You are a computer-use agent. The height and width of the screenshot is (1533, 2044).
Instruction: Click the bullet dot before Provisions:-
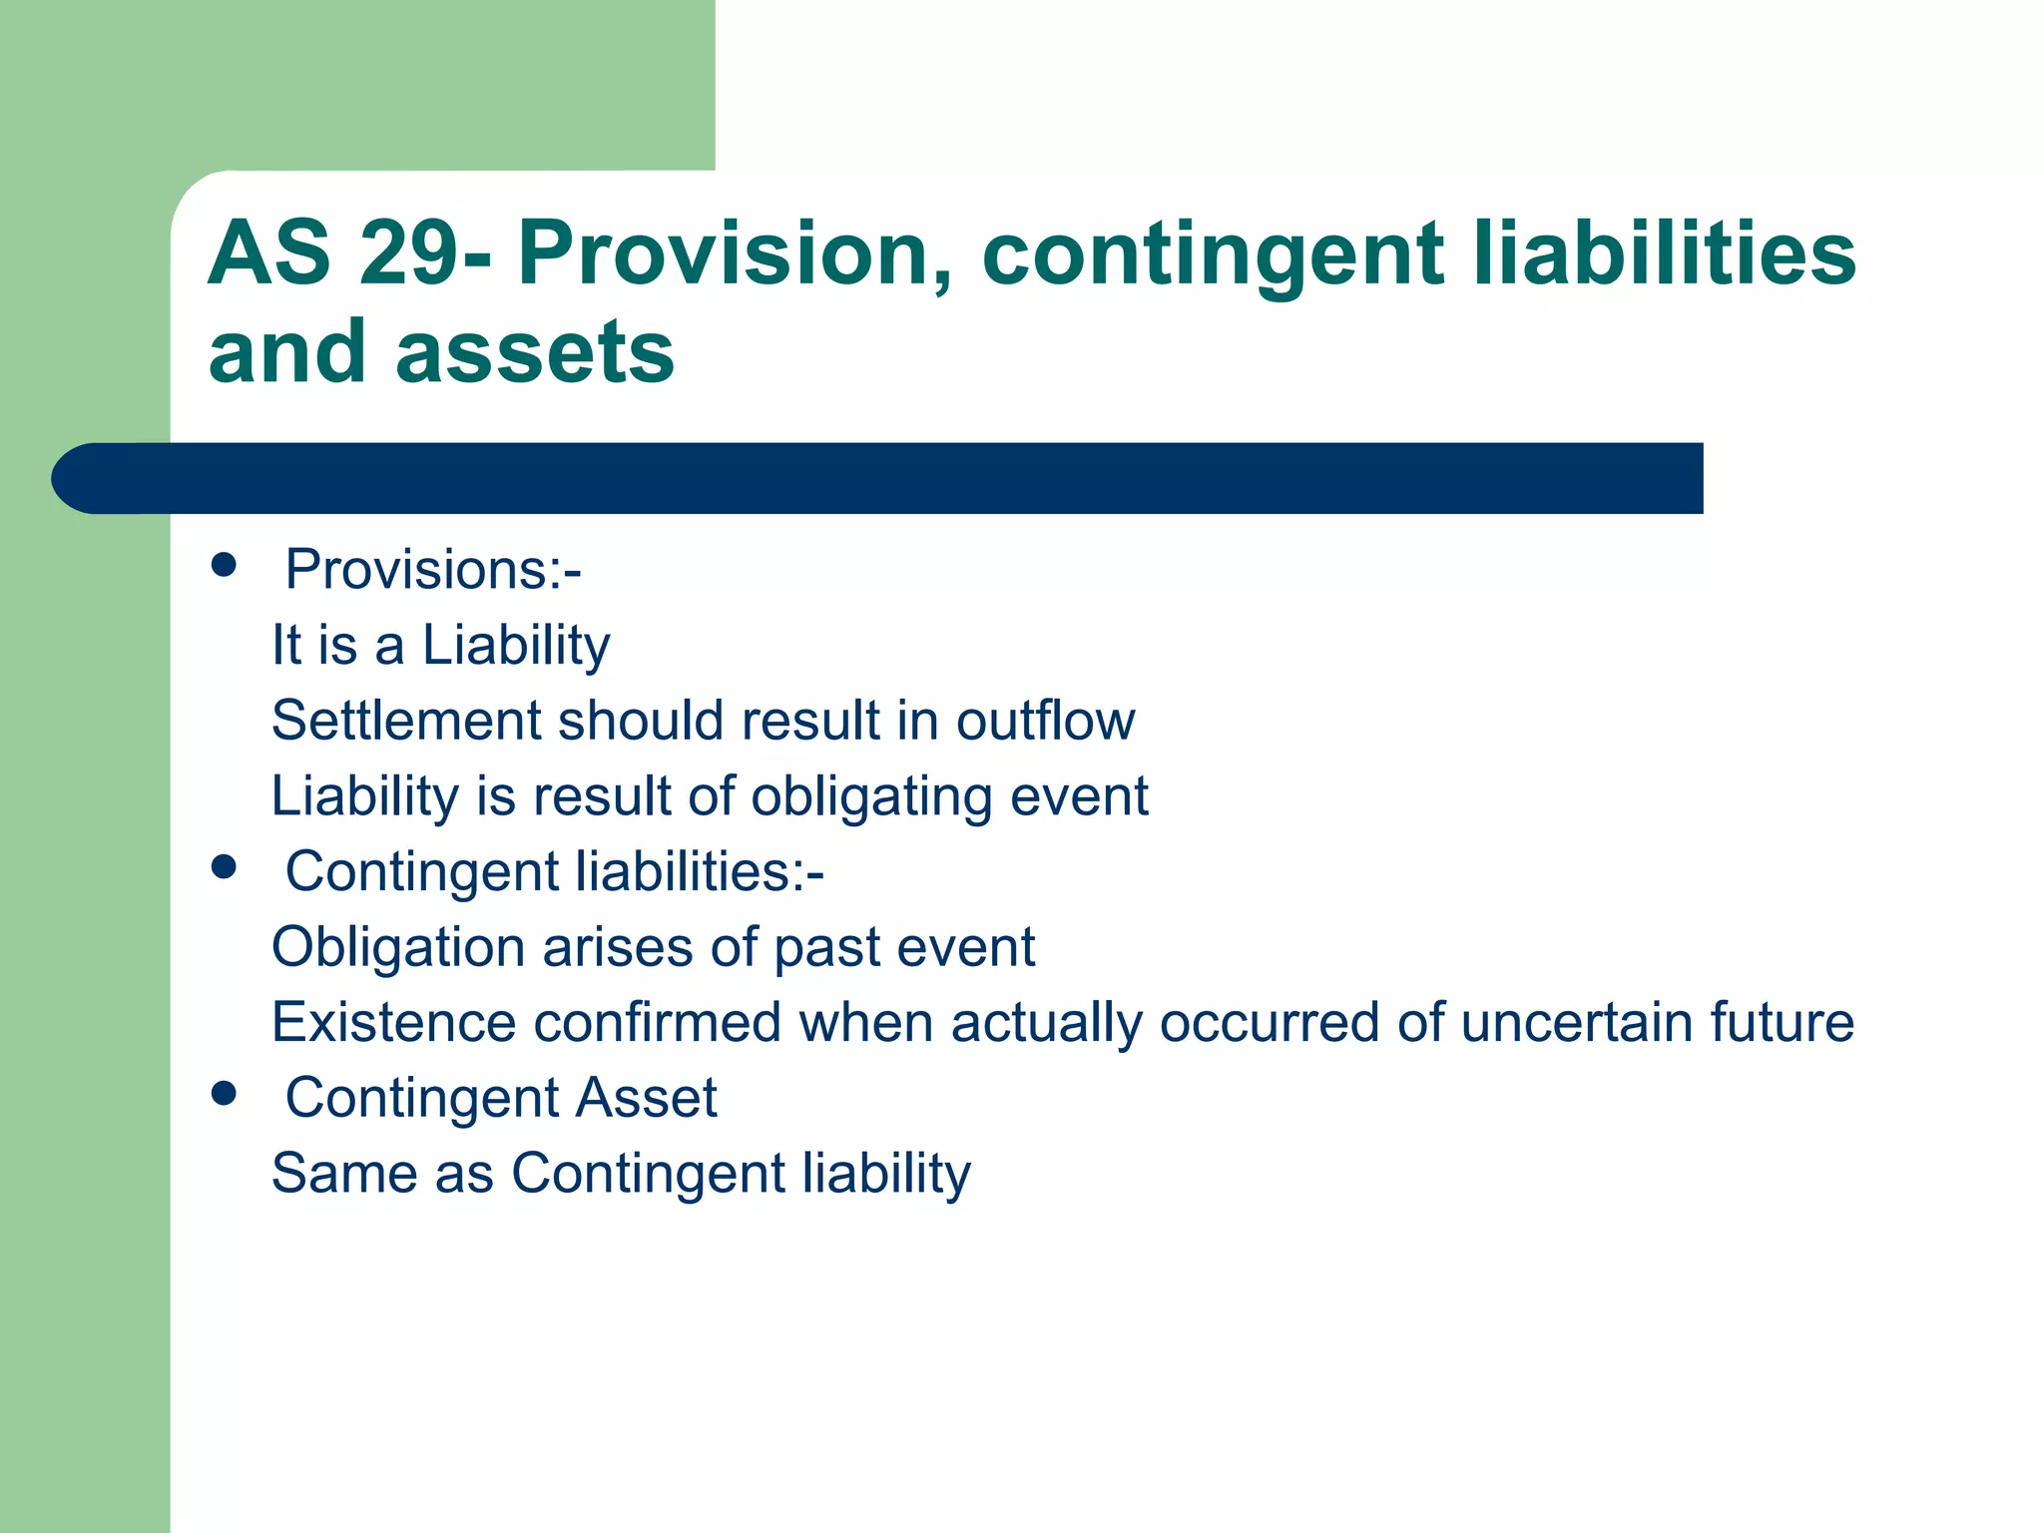225,566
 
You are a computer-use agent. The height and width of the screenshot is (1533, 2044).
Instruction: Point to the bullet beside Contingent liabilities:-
225,867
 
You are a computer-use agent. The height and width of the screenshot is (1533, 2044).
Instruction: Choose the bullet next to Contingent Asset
225,1094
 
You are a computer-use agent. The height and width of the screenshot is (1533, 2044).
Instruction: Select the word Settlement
406,721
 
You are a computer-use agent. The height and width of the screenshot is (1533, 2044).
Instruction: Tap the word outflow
1045,721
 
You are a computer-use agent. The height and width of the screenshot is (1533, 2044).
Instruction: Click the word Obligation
398,947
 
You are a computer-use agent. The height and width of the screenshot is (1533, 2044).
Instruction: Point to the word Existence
393,1022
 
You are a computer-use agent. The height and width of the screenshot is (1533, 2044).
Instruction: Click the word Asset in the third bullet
647,1098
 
